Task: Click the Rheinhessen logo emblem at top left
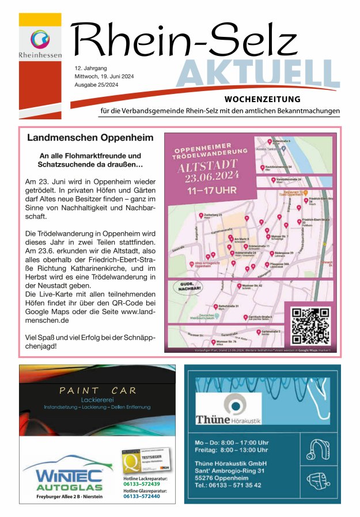(40, 40)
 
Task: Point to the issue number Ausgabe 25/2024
(97, 85)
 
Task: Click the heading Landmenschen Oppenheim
(90, 138)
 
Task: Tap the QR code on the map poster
(310, 326)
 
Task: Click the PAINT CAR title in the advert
(98, 391)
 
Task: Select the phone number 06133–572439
(141, 484)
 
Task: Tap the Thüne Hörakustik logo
(228, 407)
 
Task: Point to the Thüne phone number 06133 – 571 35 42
(228, 485)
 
